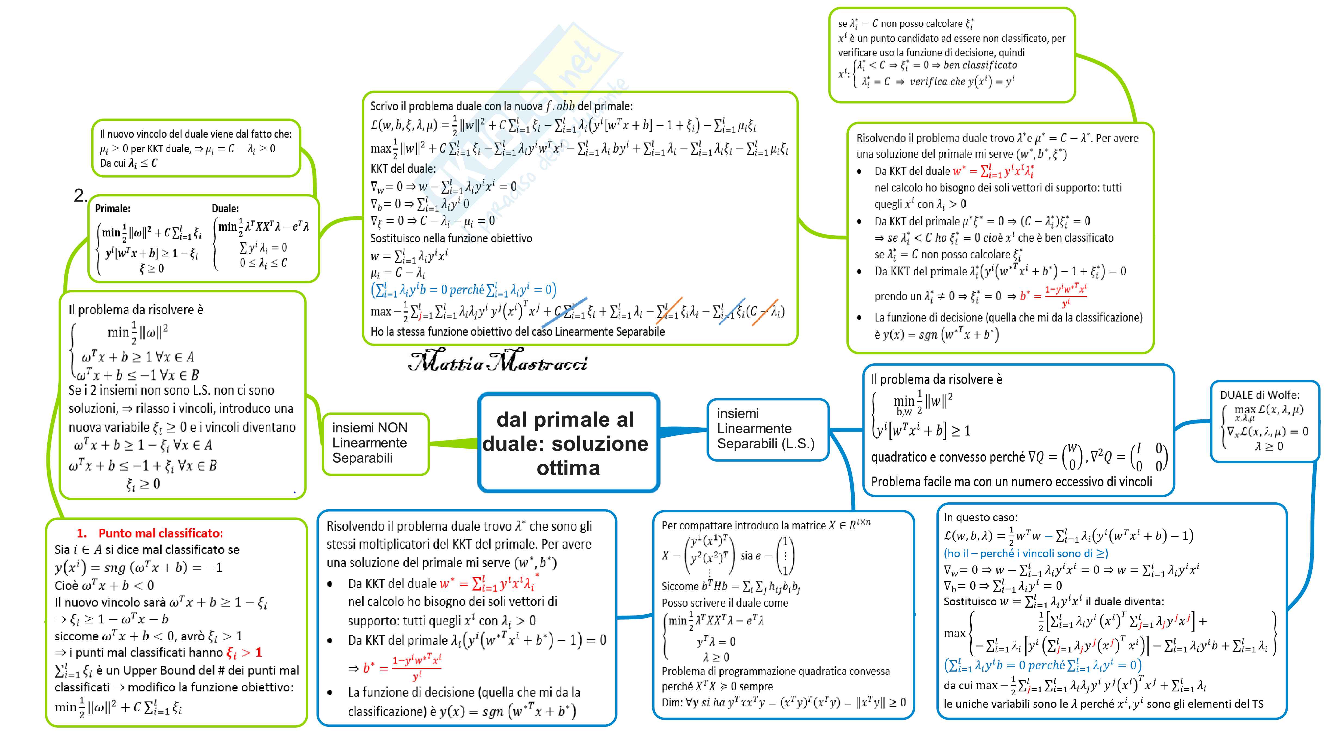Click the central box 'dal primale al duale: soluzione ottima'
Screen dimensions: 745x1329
pos(568,443)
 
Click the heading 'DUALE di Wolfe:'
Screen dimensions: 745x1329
pos(1259,395)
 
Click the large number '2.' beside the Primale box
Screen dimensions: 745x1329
pos(81,195)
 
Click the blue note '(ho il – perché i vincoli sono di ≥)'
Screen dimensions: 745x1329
pos(1026,553)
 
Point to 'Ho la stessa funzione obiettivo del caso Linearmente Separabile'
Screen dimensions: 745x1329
pos(517,332)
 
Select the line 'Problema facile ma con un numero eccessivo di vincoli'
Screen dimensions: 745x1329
pos(1011,481)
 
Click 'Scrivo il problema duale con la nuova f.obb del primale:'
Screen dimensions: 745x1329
pos(501,106)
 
